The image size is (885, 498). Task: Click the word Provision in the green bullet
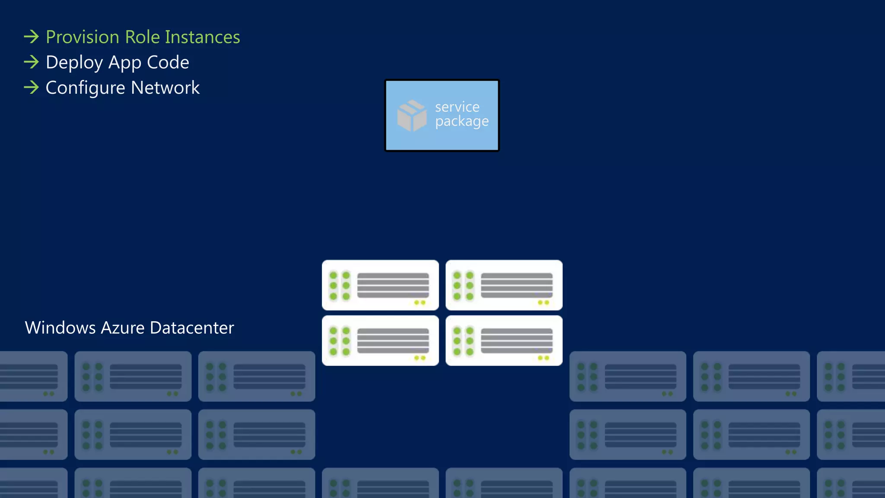(82, 38)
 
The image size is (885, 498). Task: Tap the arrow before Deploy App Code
(32, 62)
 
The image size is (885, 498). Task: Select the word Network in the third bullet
(165, 88)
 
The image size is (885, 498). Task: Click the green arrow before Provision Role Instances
(32, 37)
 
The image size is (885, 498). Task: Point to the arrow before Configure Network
(32, 88)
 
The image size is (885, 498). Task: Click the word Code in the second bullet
(168, 62)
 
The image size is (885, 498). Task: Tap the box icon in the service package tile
(411, 115)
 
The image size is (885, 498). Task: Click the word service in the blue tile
(457, 107)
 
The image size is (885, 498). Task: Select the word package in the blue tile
(462, 121)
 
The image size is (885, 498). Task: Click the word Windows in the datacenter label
(60, 328)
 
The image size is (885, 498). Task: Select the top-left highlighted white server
(380, 285)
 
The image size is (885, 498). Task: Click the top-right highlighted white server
(504, 285)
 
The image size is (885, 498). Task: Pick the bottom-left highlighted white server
(380, 341)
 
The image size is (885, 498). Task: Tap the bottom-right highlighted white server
(504, 341)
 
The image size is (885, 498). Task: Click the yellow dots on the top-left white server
(420, 303)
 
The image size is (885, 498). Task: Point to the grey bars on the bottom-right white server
(516, 341)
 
